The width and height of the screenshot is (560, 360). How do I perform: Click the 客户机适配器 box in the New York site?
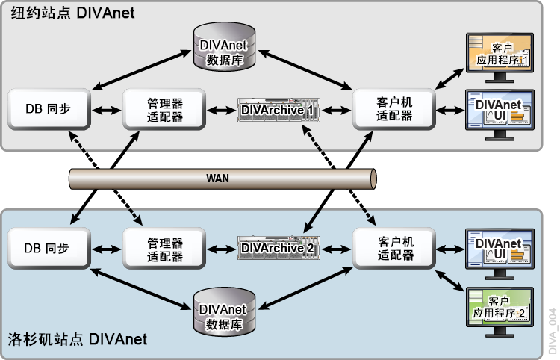coord(394,110)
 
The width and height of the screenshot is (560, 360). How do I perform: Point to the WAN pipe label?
coord(218,179)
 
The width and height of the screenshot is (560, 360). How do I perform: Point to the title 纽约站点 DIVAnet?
coord(70,13)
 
